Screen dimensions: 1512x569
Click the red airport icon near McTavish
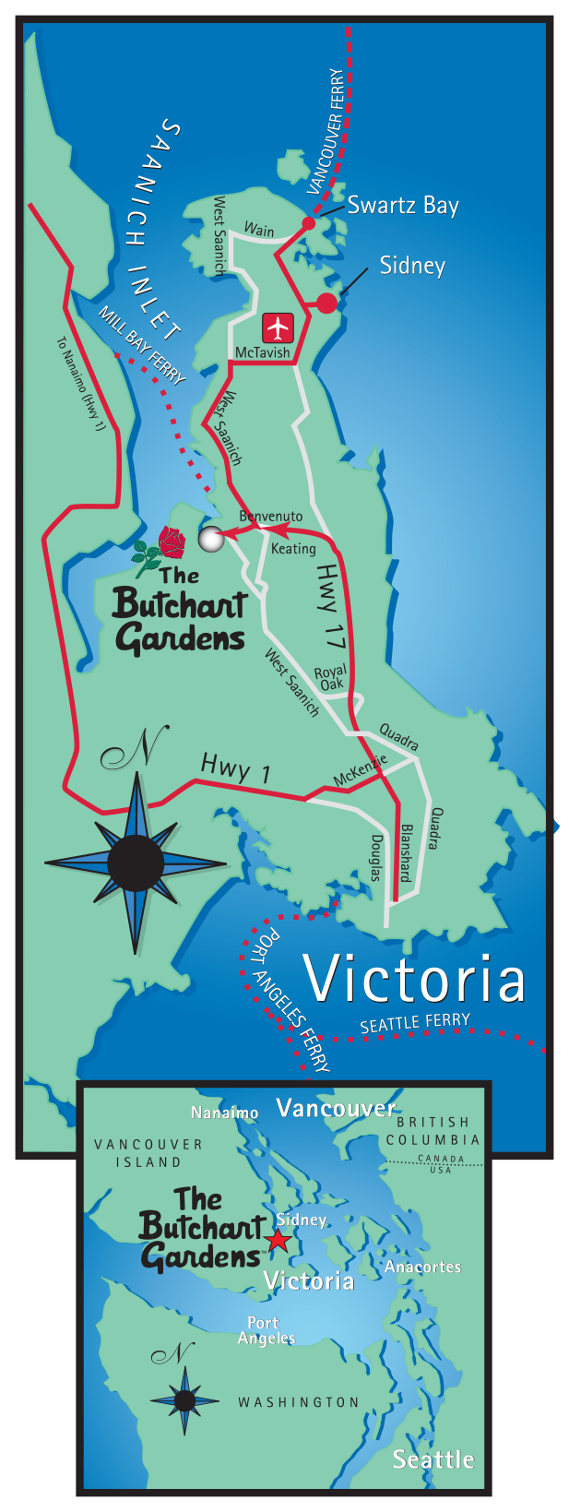[x=278, y=327]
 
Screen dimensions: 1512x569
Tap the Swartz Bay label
[x=403, y=206]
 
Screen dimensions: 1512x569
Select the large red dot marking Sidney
[x=326, y=303]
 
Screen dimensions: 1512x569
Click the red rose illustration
[x=171, y=542]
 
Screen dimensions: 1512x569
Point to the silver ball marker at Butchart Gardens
[x=211, y=539]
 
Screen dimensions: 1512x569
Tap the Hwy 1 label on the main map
[x=235, y=768]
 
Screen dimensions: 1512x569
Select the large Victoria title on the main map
[x=415, y=980]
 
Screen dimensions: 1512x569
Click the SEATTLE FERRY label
[x=415, y=1023]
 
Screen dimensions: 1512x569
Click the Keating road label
[x=293, y=549]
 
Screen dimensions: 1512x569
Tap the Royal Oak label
[x=330, y=677]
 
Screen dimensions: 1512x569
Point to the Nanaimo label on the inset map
[x=224, y=1113]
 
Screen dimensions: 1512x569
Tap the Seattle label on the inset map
[x=433, y=1459]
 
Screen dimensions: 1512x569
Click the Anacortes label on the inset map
[x=422, y=1267]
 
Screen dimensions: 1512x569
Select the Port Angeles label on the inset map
[x=266, y=1330]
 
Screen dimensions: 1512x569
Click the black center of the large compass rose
[x=136, y=863]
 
